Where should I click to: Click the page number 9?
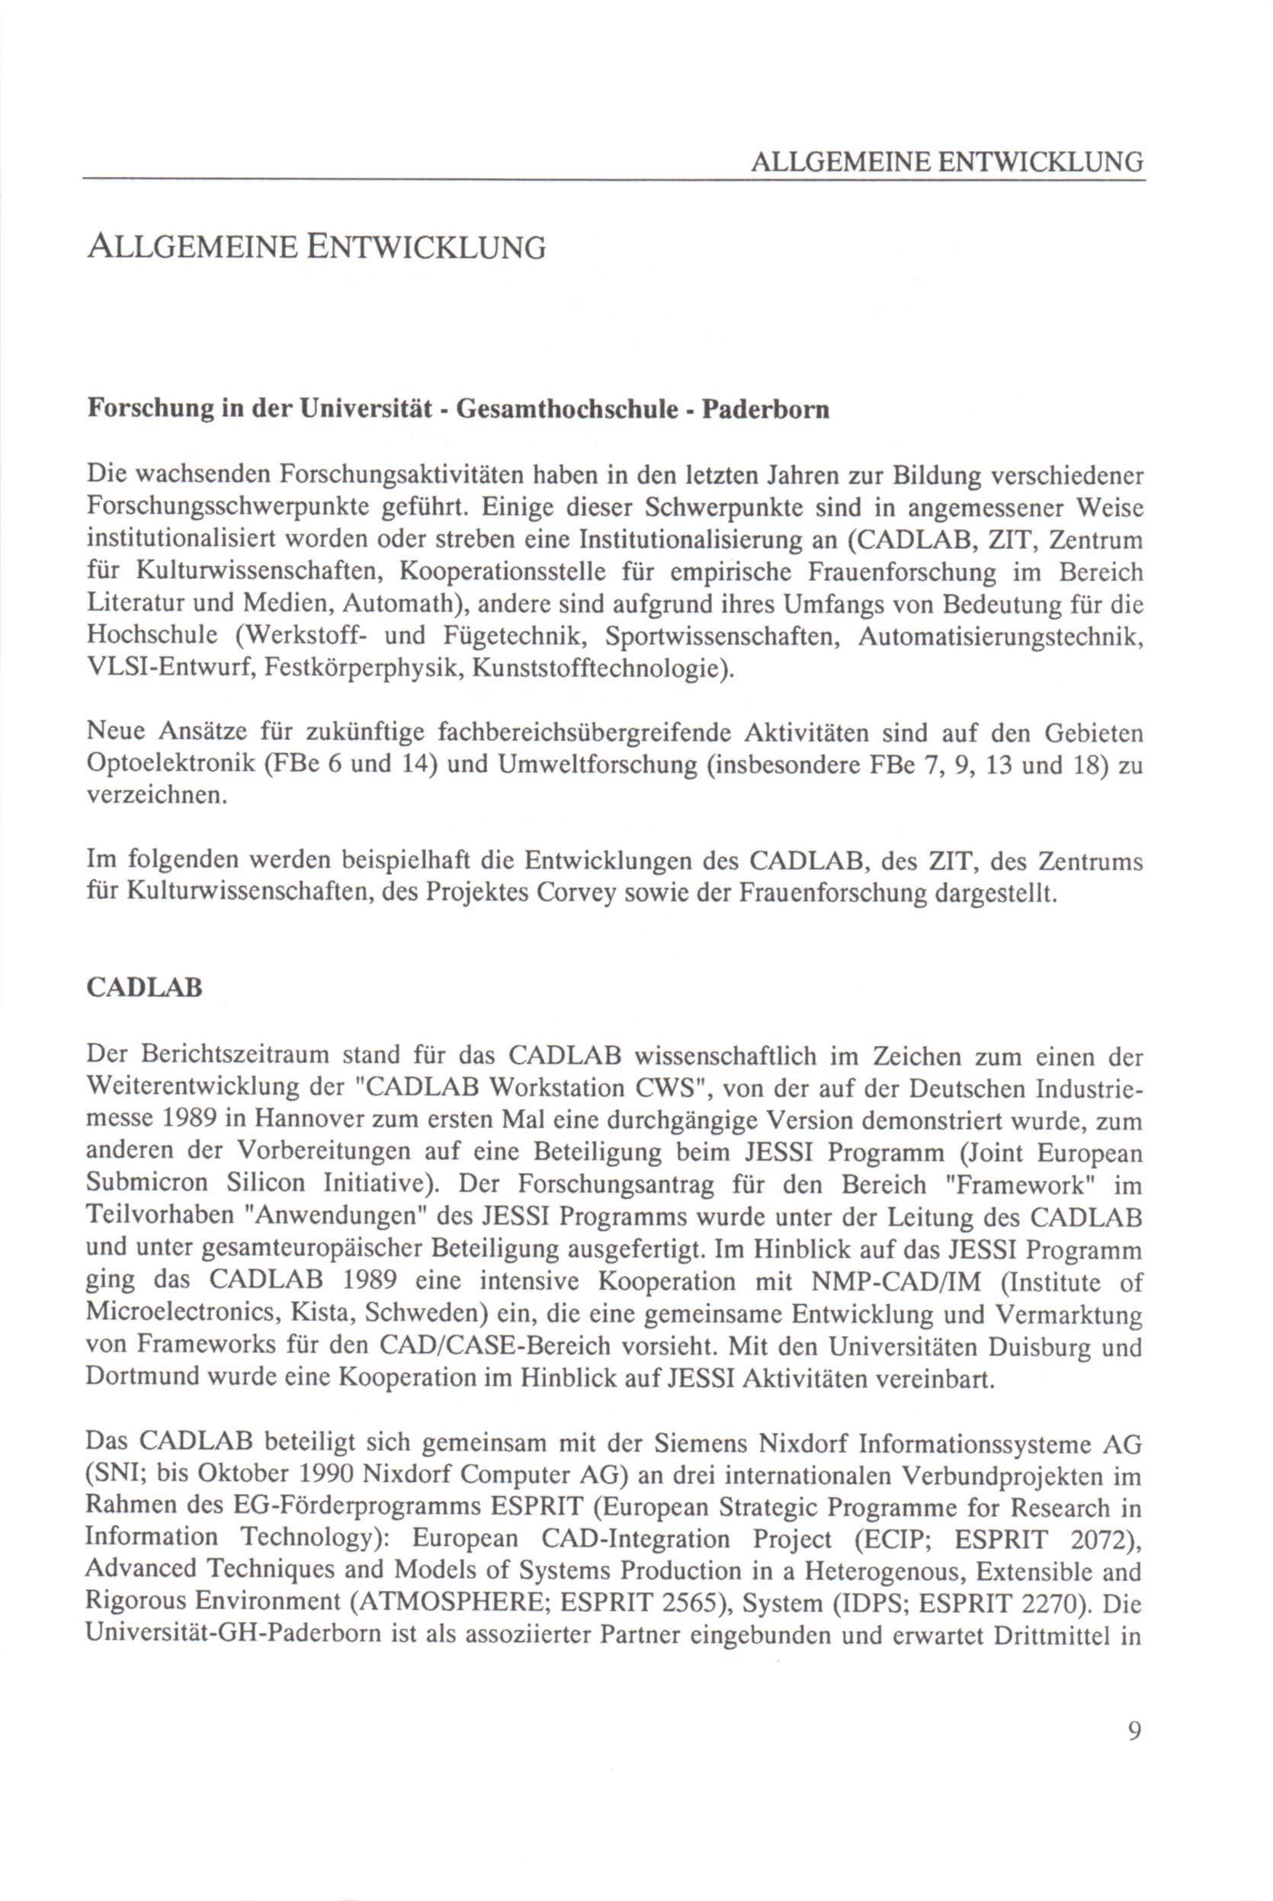click(1134, 1731)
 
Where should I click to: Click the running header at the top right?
click(947, 162)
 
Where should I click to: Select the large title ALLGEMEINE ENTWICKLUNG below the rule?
click(316, 247)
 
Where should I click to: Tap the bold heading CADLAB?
click(144, 988)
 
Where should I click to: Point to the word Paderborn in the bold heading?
click(765, 409)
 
